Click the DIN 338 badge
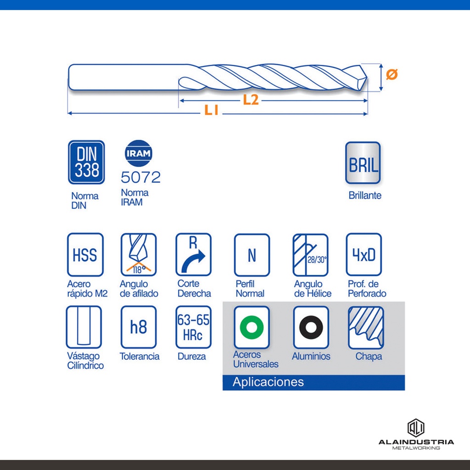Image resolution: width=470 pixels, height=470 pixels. tap(86, 162)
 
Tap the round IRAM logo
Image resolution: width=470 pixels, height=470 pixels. tap(139, 153)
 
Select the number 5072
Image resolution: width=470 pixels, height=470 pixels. tap(140, 177)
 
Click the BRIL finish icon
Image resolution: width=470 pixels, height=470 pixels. tap(363, 163)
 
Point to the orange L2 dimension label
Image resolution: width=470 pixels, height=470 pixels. tap(251, 100)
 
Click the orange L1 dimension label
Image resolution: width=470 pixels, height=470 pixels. tap(211, 110)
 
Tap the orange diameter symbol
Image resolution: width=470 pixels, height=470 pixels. tap(392, 74)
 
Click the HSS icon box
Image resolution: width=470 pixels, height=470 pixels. tap(85, 255)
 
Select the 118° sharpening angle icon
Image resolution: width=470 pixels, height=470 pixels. tap(139, 255)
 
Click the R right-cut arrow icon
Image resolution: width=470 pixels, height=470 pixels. tap(193, 255)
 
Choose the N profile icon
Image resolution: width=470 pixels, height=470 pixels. tap(252, 255)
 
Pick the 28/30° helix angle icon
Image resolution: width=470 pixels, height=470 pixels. tap(311, 255)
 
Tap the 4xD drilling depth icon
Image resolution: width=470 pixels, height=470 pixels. tap(364, 255)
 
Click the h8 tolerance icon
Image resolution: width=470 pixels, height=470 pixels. tap(139, 327)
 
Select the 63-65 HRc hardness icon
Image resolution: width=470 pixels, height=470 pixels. tap(193, 327)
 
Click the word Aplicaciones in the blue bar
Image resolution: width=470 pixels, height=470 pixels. tap(268, 382)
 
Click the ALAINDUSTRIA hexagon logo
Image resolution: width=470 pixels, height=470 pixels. tap(416, 428)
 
